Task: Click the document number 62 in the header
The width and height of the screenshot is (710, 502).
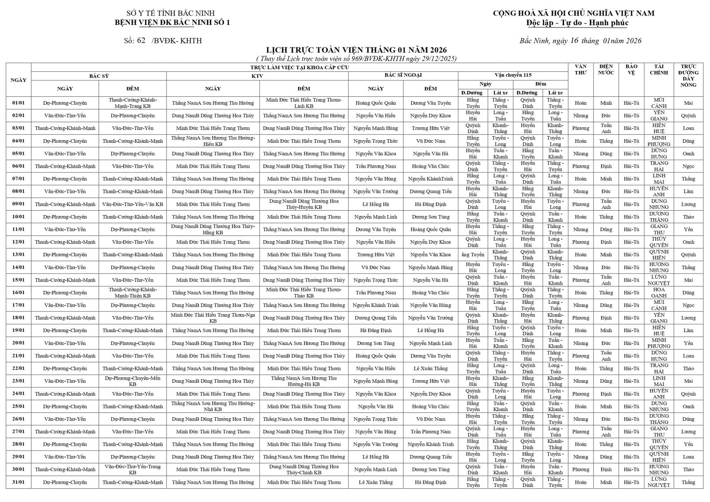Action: pyautogui.click(x=141, y=41)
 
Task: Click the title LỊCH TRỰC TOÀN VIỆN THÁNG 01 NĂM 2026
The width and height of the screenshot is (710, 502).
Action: pyautogui.click(x=356, y=50)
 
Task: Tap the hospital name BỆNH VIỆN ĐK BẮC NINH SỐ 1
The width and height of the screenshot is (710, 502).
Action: pyautogui.click(x=172, y=22)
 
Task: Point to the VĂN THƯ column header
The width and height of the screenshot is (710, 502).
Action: pyautogui.click(x=580, y=70)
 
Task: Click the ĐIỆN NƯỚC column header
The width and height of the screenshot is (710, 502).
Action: pyautogui.click(x=606, y=70)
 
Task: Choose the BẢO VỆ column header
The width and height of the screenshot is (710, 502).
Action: pyautogui.click(x=631, y=70)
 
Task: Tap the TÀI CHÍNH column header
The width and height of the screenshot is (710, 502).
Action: pyautogui.click(x=659, y=70)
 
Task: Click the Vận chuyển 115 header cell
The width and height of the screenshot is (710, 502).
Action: pyautogui.click(x=513, y=75)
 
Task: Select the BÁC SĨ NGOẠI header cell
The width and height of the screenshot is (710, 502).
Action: pyautogui.click(x=403, y=75)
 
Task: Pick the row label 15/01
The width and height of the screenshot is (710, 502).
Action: pyautogui.click(x=18, y=280)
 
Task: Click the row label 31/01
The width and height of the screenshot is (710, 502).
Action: pyautogui.click(x=18, y=482)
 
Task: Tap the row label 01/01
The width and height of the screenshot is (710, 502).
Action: pyautogui.click(x=18, y=103)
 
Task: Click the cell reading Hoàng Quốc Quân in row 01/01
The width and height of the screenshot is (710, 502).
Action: pyautogui.click(x=375, y=103)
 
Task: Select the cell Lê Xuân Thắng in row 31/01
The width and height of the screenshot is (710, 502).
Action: pyautogui.click(x=375, y=482)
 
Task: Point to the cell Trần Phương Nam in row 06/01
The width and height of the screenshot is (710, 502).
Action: pyautogui.click(x=375, y=166)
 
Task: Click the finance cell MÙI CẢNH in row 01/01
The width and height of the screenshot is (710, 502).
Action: pyautogui.click(x=659, y=103)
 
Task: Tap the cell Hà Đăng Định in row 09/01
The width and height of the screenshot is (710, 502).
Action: pyautogui.click(x=430, y=204)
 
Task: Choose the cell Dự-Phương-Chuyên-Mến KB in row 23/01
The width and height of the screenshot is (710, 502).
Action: pyautogui.click(x=132, y=381)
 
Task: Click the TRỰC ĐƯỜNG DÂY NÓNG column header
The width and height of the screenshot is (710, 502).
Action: pyautogui.click(x=688, y=75)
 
